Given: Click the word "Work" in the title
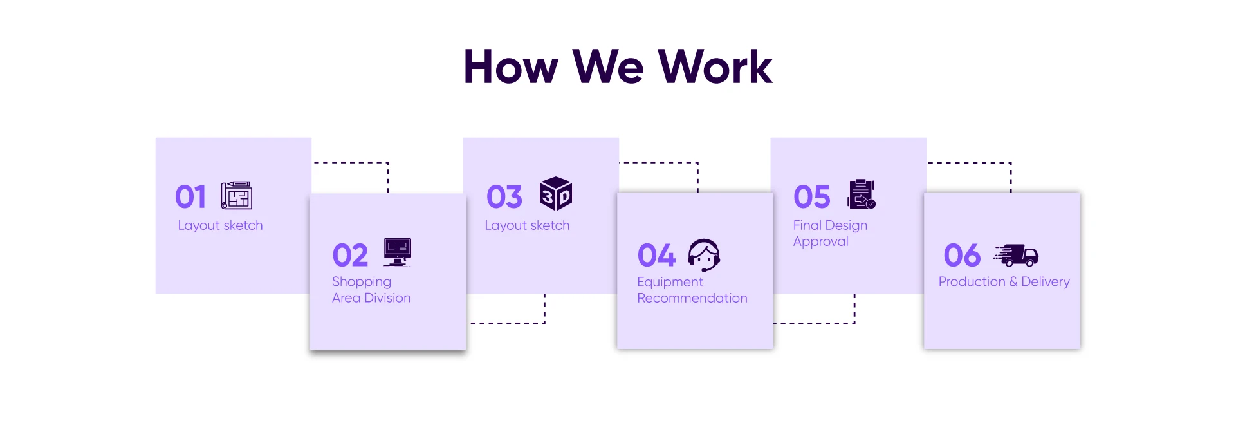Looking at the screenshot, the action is [x=715, y=67].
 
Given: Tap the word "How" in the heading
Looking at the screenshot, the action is [x=511, y=67].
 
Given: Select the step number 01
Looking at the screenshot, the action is [x=190, y=197].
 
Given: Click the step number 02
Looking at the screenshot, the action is [x=350, y=256].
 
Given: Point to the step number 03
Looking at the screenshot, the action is [x=504, y=197].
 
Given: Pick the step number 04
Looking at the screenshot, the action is [x=656, y=256].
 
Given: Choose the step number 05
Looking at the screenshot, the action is [x=812, y=197].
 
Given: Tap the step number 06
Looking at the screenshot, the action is [x=962, y=256].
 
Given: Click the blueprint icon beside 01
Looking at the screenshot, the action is [x=236, y=195].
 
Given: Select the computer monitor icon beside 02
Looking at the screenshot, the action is [x=397, y=252].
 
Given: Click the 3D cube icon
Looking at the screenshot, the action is [x=556, y=194].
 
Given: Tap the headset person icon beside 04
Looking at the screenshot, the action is [x=704, y=255].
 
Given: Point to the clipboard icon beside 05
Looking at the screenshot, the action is [x=862, y=194].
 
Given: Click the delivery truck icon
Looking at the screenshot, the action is [x=1017, y=255].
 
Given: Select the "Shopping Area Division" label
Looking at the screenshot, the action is [x=371, y=290].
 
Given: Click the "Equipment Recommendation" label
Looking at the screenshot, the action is [x=692, y=290].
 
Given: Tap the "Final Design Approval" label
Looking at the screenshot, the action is [x=829, y=233].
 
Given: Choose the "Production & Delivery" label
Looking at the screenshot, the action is [x=1004, y=281].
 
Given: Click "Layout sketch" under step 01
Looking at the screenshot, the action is [x=220, y=225].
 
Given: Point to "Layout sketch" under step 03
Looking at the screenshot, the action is [x=527, y=225].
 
